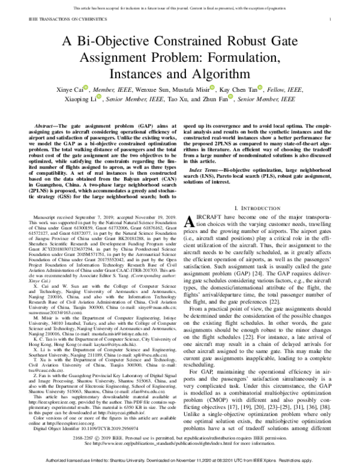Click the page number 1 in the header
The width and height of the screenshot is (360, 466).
pyautogui.click(x=331, y=19)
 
